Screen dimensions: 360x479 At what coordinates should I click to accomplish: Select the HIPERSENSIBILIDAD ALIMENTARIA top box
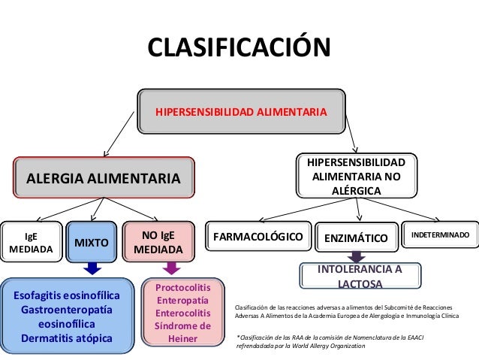240,112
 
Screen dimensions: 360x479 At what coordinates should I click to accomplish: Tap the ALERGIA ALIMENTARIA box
104,179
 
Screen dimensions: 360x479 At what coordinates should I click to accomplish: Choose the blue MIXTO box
92,242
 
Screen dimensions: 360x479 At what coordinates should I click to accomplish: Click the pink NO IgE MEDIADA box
158,241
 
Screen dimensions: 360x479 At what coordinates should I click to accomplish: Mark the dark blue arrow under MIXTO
92,268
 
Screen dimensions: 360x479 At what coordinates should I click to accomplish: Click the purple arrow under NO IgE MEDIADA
171,267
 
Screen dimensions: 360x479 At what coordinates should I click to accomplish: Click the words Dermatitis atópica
68,338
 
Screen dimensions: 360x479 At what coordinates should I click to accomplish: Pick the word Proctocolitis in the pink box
182,288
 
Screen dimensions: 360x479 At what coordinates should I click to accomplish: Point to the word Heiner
182,339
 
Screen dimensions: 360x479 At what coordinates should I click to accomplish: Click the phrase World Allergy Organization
327,347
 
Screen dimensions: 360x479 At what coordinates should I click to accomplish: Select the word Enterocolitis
182,313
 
